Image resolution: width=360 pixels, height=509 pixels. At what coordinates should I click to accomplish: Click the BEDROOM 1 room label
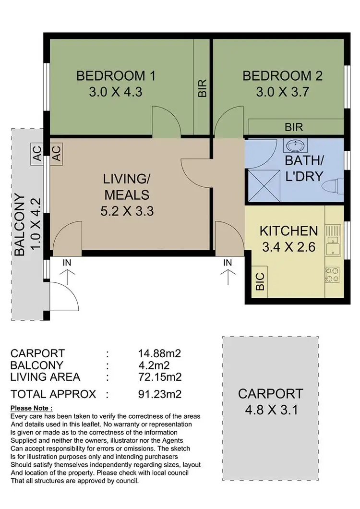(116, 76)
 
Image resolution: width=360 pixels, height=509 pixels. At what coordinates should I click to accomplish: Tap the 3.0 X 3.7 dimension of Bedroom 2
(282, 92)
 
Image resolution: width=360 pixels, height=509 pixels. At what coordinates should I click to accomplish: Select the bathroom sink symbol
(295, 145)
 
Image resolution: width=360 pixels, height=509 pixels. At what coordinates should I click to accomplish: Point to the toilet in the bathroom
(333, 186)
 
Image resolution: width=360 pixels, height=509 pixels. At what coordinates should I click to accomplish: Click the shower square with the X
(264, 186)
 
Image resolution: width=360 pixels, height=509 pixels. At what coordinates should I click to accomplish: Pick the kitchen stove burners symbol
(332, 275)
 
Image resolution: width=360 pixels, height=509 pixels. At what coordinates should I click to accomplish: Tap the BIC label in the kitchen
(260, 281)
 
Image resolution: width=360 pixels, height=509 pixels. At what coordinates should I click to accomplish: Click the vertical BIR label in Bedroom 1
(202, 88)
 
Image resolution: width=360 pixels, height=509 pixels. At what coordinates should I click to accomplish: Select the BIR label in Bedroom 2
(294, 127)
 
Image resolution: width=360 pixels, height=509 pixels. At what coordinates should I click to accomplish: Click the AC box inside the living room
(56, 154)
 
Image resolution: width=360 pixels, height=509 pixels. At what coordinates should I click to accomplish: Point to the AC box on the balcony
(37, 154)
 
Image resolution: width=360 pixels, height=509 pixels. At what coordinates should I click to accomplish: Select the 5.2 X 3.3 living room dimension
(127, 211)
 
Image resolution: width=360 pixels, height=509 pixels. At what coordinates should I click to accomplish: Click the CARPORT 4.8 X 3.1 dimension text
(271, 410)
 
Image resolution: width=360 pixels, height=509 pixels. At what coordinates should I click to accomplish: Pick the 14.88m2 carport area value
(159, 353)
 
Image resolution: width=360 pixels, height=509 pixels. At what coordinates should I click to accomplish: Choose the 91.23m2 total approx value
(160, 394)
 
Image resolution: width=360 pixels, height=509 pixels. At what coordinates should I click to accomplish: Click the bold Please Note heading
(31, 408)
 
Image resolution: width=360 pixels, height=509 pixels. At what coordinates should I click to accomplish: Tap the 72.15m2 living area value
(160, 377)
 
